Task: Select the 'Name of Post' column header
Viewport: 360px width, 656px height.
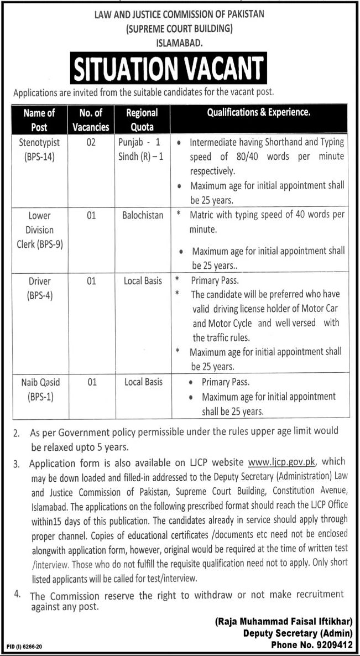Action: [39, 119]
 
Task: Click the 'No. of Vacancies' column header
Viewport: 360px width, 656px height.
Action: [91, 119]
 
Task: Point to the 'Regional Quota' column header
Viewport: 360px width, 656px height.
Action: [142, 119]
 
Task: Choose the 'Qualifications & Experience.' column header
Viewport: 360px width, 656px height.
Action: [259, 112]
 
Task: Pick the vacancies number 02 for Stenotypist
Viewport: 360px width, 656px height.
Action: [91, 142]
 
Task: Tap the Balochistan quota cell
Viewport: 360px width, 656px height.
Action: [143, 215]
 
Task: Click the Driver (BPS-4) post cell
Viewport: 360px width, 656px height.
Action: [39, 288]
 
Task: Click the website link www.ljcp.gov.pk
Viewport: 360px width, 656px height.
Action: [282, 460]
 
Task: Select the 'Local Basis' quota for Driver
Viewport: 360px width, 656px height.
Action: [143, 281]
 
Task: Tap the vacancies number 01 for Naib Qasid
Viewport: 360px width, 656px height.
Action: [91, 382]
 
